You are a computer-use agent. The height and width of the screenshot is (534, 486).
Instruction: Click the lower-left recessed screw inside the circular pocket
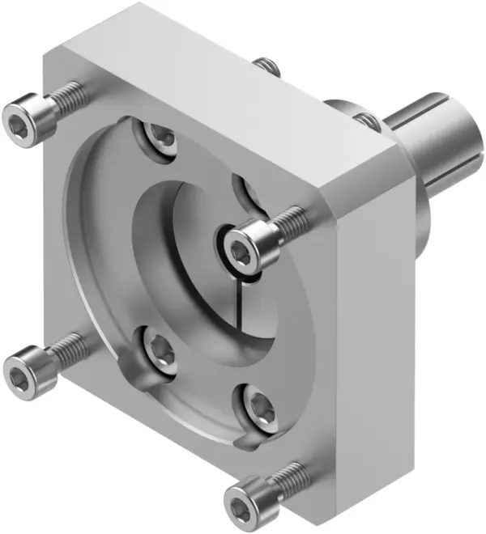coord(156,349)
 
